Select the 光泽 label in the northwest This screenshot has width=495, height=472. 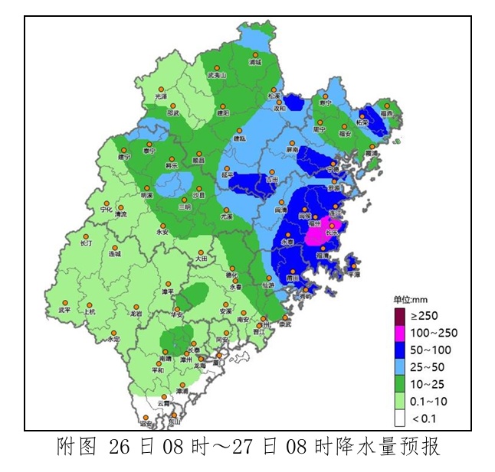click(160, 97)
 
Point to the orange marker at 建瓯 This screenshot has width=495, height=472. click(241, 130)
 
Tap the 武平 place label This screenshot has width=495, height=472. click(64, 311)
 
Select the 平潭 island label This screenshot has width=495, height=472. click(353, 273)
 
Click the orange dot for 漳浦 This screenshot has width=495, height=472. click(182, 384)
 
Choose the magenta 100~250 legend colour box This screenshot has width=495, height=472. click(399, 332)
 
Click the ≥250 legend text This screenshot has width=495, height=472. click(425, 315)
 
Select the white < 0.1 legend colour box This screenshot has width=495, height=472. click(399, 418)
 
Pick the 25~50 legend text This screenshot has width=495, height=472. click(430, 366)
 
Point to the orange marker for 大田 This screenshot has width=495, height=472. click(201, 252)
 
